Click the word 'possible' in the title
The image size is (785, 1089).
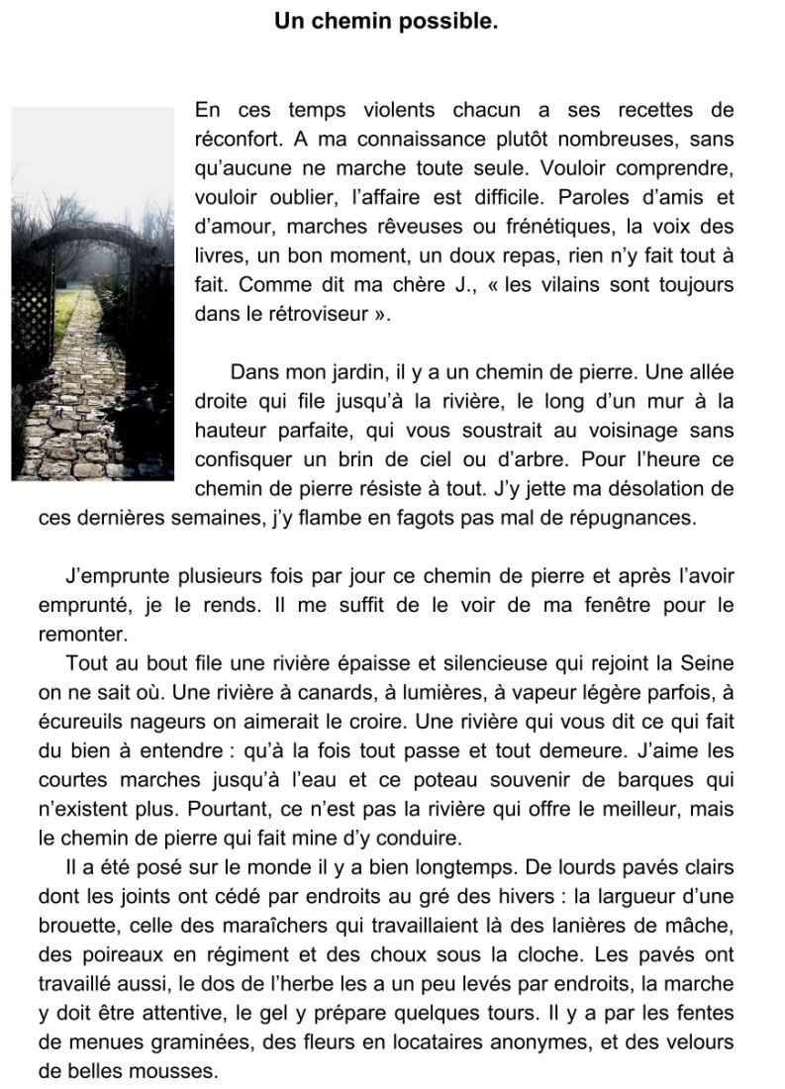(x=447, y=20)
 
